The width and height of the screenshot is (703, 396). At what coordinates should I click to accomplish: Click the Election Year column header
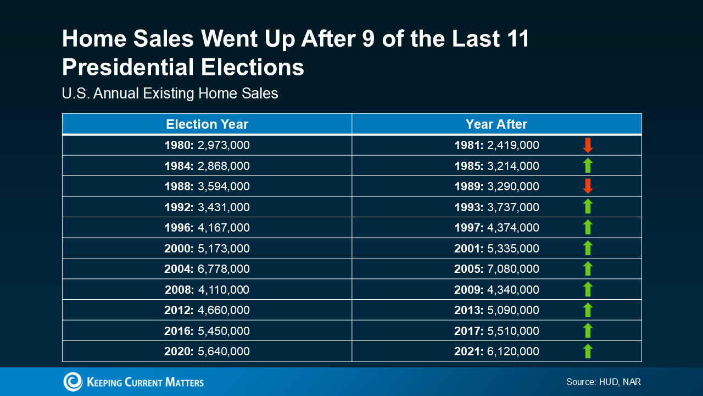[207, 124]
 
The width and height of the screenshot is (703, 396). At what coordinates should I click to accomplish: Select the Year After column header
[496, 124]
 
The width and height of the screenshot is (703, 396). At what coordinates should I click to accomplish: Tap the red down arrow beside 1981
[588, 145]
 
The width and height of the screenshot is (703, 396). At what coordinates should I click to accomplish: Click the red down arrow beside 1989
[588, 186]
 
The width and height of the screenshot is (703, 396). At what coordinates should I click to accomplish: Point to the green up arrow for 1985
[588, 166]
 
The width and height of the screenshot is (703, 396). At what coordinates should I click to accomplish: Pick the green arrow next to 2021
[588, 351]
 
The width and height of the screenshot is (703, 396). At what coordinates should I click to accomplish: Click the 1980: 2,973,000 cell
[207, 145]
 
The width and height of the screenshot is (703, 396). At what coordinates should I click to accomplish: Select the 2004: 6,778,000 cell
[207, 269]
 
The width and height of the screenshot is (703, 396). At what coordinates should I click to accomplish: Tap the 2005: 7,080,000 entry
[496, 269]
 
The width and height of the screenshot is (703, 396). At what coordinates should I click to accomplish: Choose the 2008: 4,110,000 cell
[207, 289]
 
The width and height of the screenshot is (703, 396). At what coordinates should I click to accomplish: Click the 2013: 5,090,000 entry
[496, 310]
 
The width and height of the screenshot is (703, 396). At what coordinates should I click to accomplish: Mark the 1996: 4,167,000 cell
[207, 228]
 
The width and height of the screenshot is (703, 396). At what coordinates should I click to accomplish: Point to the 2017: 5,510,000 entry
[496, 331]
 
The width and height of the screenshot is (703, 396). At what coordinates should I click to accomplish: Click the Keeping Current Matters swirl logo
[73, 382]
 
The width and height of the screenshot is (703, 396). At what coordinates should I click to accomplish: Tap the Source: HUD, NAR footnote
[604, 382]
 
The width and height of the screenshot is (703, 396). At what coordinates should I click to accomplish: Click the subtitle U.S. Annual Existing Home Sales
[170, 94]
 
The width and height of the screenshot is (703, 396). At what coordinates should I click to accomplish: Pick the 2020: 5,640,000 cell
[207, 351]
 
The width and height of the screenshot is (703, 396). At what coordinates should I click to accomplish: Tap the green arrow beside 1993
[588, 206]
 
